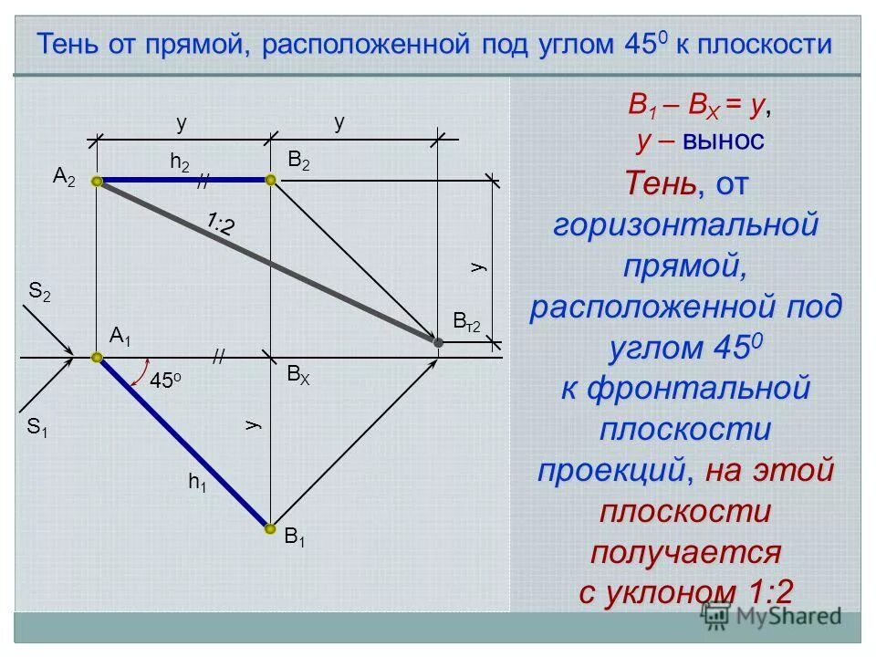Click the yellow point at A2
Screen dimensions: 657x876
99,182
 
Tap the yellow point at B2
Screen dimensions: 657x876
270,181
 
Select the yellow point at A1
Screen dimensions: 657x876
99,359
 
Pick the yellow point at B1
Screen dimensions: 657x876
270,528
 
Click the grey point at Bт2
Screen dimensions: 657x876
438,342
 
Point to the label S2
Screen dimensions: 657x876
39,294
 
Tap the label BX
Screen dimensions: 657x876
297,376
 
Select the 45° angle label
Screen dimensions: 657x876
165,382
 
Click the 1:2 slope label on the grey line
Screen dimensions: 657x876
219,223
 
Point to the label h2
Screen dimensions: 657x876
180,162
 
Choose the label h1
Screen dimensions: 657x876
197,484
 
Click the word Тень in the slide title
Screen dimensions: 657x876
68,44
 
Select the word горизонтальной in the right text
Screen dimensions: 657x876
684,224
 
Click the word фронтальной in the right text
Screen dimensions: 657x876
698,388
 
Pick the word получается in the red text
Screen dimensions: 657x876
686,551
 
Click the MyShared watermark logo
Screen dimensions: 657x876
771,616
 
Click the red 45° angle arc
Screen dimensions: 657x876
141,374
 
